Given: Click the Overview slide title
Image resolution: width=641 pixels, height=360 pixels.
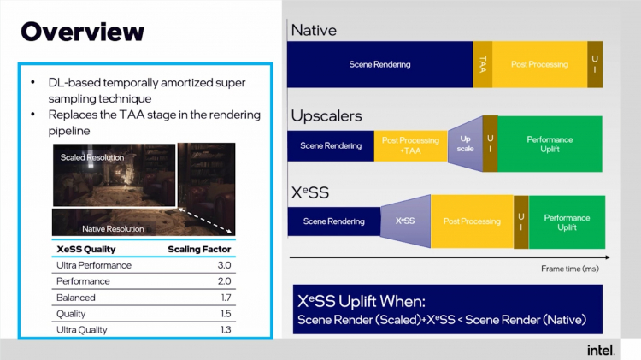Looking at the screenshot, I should [82, 32].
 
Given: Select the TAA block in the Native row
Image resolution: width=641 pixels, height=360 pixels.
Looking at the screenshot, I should [483, 64].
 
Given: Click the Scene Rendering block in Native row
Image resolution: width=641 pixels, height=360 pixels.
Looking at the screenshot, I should [379, 64].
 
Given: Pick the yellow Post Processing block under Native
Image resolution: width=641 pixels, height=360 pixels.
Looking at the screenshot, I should [539, 64].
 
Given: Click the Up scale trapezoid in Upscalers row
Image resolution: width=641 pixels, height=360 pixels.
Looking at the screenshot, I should [466, 142].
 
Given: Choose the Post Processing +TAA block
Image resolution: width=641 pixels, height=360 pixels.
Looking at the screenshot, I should [411, 145].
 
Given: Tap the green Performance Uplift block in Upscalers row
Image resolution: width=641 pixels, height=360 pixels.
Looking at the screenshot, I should [550, 144].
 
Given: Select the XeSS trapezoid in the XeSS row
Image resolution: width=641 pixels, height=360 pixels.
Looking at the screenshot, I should [405, 221].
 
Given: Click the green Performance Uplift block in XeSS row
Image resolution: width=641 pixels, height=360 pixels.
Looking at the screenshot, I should [567, 222].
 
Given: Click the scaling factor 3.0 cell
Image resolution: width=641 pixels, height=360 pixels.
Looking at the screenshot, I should [223, 265].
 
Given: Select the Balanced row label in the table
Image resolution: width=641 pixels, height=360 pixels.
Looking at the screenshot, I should [76, 298].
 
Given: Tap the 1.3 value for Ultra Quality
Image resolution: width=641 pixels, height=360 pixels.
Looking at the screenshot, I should [223, 329].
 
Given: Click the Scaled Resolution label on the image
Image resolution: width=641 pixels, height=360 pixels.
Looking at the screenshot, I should [92, 157].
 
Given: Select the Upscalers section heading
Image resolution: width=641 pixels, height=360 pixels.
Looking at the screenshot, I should [326, 115].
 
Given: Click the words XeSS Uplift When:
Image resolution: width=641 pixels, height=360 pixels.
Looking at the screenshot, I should [359, 302].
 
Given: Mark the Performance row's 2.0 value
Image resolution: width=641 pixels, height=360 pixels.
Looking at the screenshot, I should [223, 281].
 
